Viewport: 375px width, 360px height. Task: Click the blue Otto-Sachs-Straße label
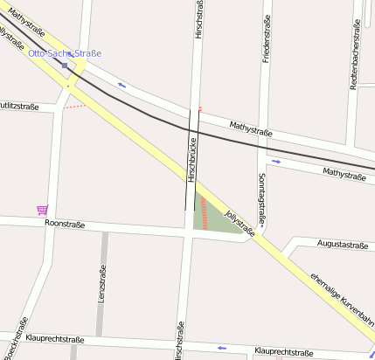[65, 53]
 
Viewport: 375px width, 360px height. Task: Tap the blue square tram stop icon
[65, 65]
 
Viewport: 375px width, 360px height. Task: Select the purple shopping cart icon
[42, 209]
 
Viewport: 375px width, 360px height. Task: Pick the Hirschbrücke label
[191, 163]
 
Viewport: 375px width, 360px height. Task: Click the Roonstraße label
[64, 225]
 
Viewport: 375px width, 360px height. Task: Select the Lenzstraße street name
[102, 285]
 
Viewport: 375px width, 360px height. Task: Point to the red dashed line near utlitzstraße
[76, 107]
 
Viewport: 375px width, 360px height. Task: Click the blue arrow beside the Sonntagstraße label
[276, 162]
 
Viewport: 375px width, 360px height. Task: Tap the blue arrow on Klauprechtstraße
[221, 348]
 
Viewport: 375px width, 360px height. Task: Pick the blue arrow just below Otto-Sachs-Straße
[121, 85]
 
